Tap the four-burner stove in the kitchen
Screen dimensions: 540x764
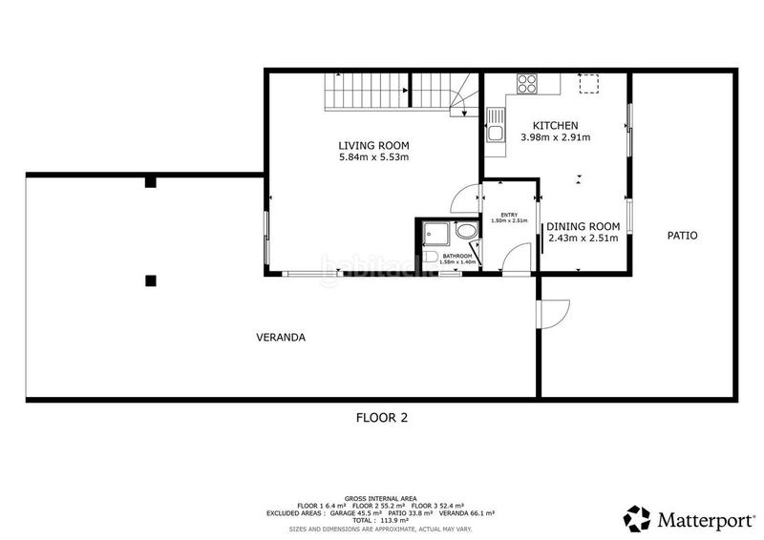click(526, 83)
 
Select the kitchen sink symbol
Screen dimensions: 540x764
click(495, 126)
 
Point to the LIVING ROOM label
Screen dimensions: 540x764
click(373, 145)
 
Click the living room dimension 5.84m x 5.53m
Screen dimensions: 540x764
click(373, 157)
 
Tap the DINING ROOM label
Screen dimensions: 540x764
click(584, 226)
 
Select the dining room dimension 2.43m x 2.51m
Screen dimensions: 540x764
click(584, 239)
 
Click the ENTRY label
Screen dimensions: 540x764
click(509, 215)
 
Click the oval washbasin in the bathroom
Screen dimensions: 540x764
click(466, 232)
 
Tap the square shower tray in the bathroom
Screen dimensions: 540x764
click(435, 233)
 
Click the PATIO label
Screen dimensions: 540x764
click(683, 235)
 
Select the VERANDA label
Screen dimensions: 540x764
click(281, 337)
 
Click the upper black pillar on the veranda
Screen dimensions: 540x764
click(150, 182)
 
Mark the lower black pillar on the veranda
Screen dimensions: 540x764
click(150, 280)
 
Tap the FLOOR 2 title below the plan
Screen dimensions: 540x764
click(382, 417)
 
